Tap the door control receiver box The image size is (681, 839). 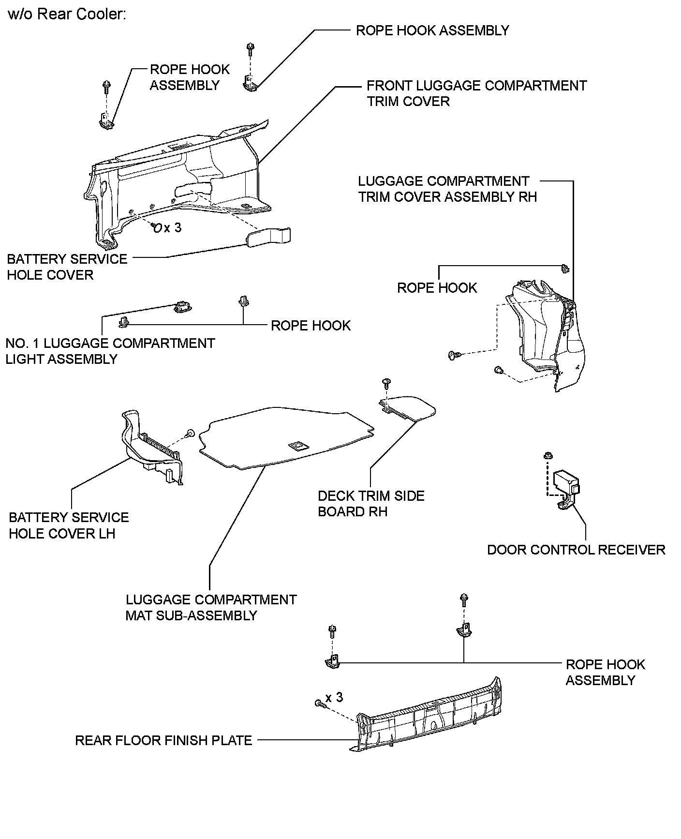[x=566, y=481]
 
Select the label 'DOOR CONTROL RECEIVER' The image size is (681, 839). [x=576, y=550]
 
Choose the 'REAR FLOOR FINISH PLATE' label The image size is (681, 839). [x=163, y=740]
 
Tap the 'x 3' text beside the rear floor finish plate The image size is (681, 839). [x=334, y=697]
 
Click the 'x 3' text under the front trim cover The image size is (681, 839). [x=173, y=227]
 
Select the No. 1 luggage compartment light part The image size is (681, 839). [x=182, y=306]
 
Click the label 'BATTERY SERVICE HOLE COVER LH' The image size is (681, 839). [x=69, y=525]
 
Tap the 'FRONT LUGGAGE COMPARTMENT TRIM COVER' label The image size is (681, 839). [x=476, y=93]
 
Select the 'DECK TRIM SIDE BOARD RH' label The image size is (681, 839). [x=371, y=504]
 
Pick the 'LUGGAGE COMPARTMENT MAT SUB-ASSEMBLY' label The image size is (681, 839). [x=211, y=608]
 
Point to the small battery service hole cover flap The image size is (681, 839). [x=269, y=237]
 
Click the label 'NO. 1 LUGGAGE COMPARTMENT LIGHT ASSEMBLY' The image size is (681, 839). [x=110, y=351]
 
